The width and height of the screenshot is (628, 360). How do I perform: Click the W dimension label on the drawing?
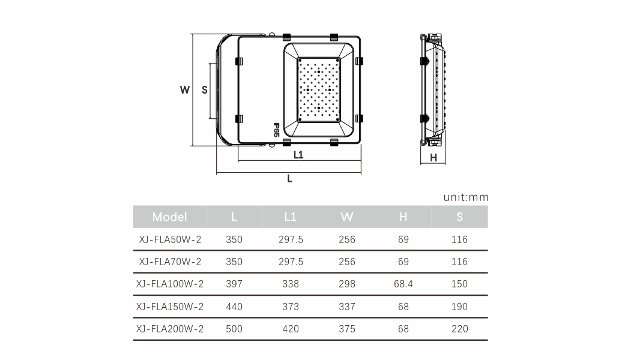(x=185, y=90)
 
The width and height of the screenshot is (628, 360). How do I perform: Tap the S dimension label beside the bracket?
(x=204, y=90)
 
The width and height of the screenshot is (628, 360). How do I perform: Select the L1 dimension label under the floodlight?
(x=298, y=154)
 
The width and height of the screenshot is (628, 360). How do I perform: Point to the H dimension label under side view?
(x=433, y=158)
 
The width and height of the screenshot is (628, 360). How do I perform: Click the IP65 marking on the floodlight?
(x=276, y=130)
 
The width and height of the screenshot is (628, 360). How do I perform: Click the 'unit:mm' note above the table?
(x=466, y=197)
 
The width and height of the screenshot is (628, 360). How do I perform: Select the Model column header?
(x=169, y=217)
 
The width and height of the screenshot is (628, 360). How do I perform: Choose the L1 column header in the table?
(x=290, y=217)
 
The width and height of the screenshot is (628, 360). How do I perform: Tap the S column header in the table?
(x=459, y=217)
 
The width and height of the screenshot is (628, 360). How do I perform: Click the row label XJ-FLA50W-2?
(x=170, y=239)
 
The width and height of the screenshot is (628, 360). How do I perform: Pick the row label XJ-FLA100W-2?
(x=170, y=284)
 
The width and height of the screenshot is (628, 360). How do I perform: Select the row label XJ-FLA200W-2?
(x=170, y=329)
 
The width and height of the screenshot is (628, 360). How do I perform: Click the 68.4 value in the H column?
(x=403, y=284)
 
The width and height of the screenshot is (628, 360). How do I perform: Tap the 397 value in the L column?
(x=234, y=284)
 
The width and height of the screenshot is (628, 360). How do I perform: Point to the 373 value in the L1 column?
(x=290, y=307)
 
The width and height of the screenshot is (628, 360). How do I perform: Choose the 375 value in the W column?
(x=347, y=329)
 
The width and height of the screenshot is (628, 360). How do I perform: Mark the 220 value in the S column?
(x=459, y=329)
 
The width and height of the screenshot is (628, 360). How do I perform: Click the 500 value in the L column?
(x=234, y=329)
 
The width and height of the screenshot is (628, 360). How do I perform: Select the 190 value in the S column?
(x=459, y=307)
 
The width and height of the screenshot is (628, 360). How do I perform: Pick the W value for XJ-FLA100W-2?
(x=347, y=284)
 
